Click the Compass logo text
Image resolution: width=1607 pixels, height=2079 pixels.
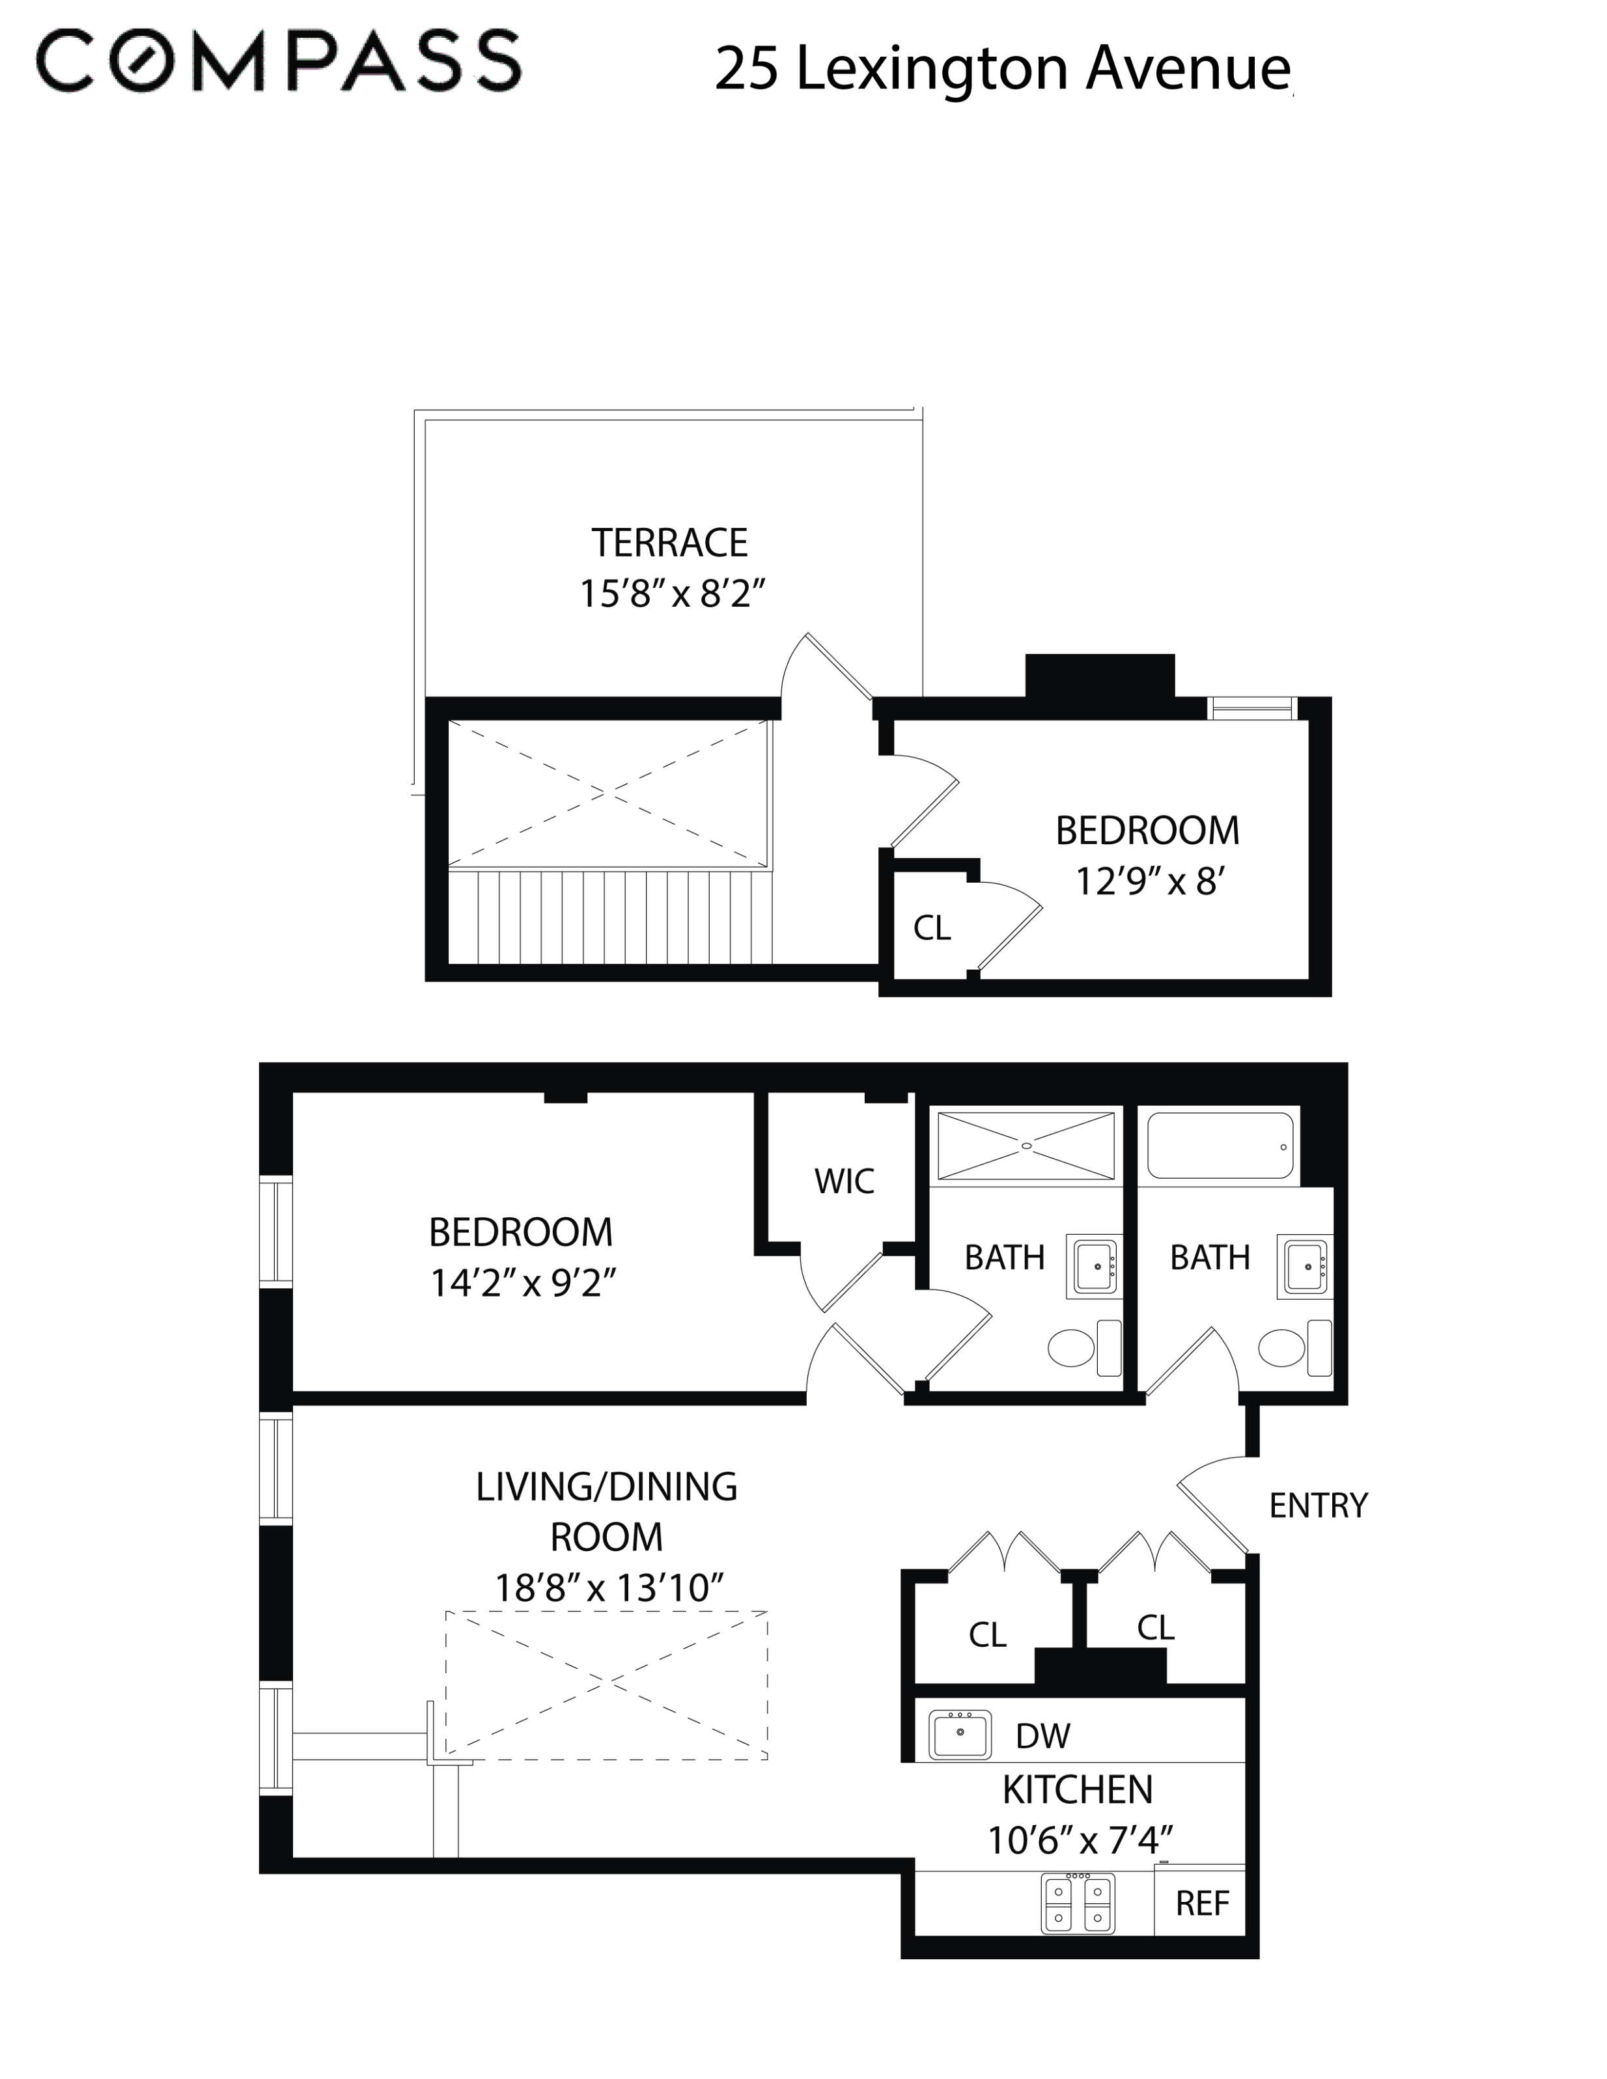click(279, 61)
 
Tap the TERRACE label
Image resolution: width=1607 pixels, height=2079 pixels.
click(669, 543)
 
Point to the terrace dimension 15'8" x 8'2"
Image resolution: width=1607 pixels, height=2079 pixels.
click(672, 593)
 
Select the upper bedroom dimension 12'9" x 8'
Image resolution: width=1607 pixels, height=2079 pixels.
click(1149, 881)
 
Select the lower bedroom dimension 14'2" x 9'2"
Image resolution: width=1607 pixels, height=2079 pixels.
click(523, 1282)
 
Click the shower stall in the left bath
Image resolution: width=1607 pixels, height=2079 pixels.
click(1026, 1146)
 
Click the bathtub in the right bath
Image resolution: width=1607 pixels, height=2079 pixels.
click(1220, 1146)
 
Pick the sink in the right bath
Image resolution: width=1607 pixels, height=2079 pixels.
click(1304, 1266)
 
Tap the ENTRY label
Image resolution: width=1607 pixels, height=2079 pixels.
click(1318, 1505)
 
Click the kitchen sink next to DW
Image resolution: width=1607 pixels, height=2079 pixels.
click(960, 1735)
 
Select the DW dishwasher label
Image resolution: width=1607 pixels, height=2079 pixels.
click(1042, 1735)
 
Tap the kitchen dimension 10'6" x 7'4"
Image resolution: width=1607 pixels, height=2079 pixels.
click(1079, 1840)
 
